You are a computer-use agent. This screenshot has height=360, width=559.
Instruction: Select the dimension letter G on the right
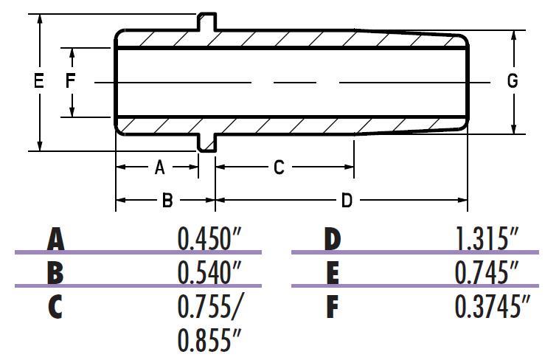pos(513,81)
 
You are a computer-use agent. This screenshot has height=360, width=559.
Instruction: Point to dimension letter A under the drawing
pos(159,167)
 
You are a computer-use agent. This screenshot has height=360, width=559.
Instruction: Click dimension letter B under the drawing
pos(167,199)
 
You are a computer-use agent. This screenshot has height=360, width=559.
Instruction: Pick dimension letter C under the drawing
pos(279,167)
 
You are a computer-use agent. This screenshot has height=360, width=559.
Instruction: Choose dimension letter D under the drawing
pos(346,199)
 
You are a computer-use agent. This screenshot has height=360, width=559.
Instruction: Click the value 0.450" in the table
pos(210,240)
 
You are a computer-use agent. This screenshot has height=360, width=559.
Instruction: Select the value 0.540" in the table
pos(210,273)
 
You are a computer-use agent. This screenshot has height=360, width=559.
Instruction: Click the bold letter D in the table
pos(332,240)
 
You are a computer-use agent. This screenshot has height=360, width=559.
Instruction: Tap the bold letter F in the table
pos(332,307)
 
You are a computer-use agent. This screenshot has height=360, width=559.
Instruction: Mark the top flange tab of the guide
pos(207,21)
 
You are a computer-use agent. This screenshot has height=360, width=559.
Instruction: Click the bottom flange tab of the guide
pos(207,142)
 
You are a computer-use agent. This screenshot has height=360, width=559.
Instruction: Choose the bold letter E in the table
pos(332,273)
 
